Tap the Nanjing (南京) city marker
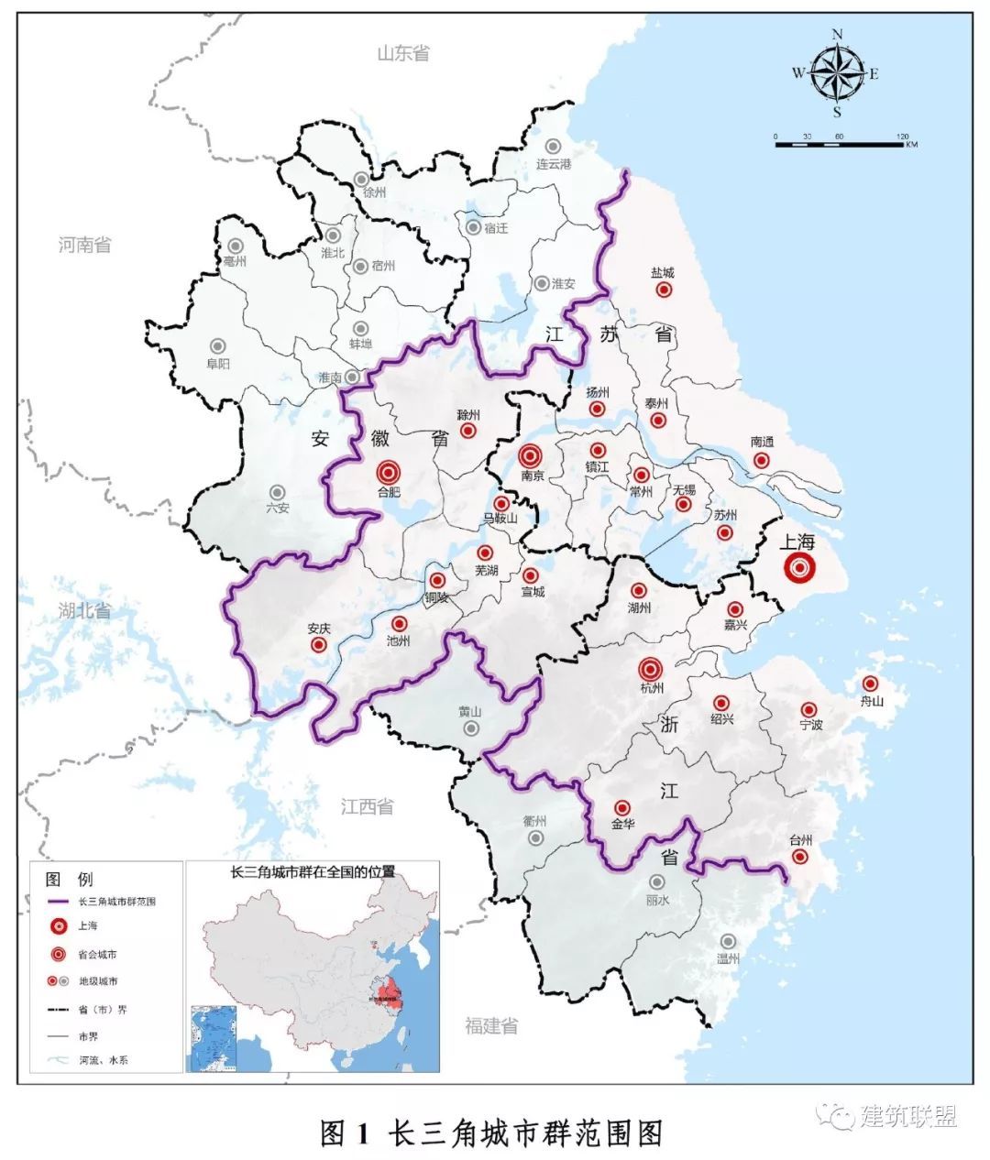pyautogui.click(x=531, y=455)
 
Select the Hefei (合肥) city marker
pyautogui.click(x=389, y=472)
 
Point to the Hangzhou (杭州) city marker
pyautogui.click(x=651, y=668)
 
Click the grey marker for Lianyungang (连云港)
pyautogui.click(x=553, y=146)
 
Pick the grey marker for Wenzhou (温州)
pyautogui.click(x=728, y=941)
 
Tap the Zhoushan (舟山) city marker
pyautogui.click(x=870, y=684)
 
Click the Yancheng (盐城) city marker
pyautogui.click(x=664, y=290)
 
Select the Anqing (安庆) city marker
pyautogui.click(x=319, y=645)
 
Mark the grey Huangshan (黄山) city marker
pyautogui.click(x=471, y=728)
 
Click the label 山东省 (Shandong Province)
pyautogui.click(x=403, y=53)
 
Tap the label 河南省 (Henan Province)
pyautogui.click(x=84, y=245)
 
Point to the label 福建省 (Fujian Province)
pyautogui.click(x=491, y=1025)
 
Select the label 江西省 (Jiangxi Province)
pyautogui.click(x=367, y=806)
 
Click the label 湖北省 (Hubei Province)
pyautogui.click(x=83, y=610)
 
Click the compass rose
pyautogui.click(x=837, y=74)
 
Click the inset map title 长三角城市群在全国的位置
pyautogui.click(x=313, y=871)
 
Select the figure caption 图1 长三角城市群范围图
pyautogui.click(x=491, y=1133)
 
